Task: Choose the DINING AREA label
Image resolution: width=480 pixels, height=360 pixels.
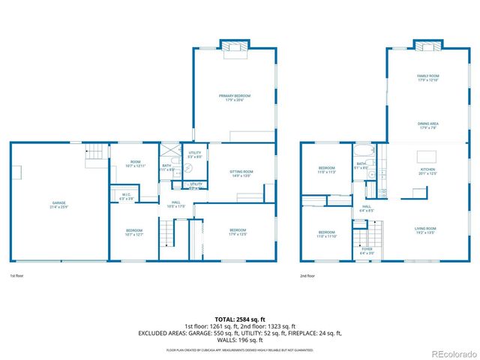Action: click(428, 125)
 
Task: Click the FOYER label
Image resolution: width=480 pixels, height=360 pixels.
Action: click(367, 250)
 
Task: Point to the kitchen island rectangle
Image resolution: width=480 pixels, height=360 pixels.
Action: click(426, 156)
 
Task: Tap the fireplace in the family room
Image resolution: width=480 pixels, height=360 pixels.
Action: click(428, 46)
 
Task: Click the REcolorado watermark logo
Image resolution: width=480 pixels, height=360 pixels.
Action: click(451, 353)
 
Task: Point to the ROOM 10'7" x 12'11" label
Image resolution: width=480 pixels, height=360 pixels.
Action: click(135, 163)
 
